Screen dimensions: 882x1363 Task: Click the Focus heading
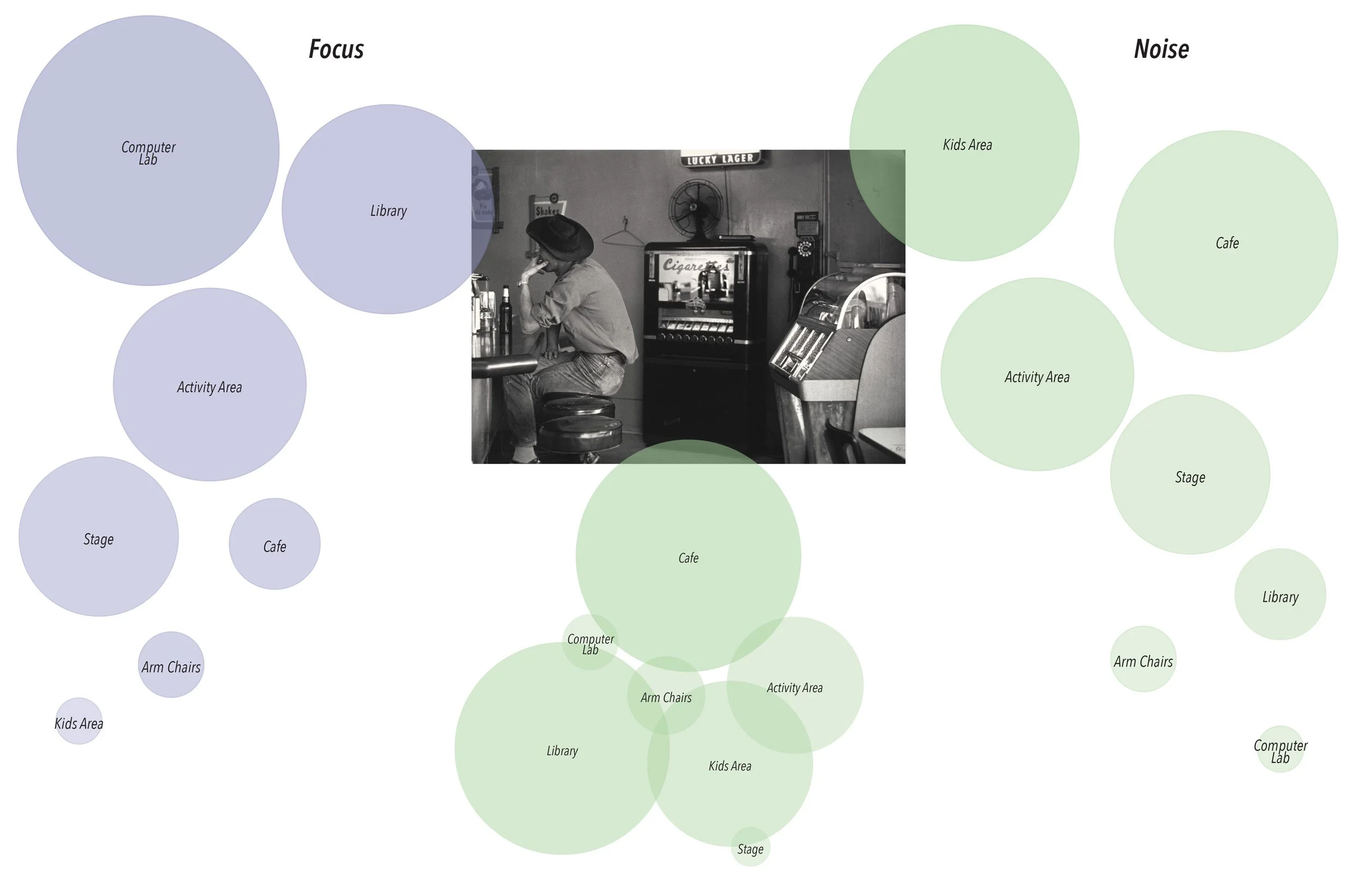pos(336,49)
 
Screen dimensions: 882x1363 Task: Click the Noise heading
pos(1161,49)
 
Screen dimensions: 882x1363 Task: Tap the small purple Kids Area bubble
pos(79,721)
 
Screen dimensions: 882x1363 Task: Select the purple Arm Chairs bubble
pos(171,665)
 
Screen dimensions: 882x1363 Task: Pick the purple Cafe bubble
pos(274,544)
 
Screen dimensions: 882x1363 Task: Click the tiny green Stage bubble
pos(750,847)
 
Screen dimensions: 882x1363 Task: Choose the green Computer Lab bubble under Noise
pos(1280,750)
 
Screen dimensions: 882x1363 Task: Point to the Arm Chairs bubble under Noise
pos(1143,659)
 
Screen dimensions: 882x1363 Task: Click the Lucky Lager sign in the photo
pos(720,159)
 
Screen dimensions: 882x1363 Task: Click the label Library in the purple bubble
pos(388,211)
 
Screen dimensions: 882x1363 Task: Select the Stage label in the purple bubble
pos(99,539)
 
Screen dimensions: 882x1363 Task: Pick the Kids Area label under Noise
pos(967,145)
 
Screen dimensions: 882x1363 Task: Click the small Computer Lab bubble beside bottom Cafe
pos(590,643)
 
